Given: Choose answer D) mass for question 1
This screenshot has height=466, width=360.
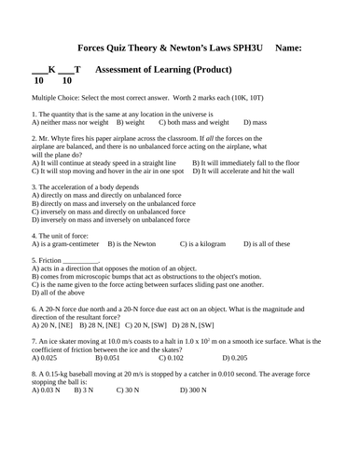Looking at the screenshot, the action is point(255,122).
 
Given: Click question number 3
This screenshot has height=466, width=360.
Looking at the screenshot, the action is point(34,187).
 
